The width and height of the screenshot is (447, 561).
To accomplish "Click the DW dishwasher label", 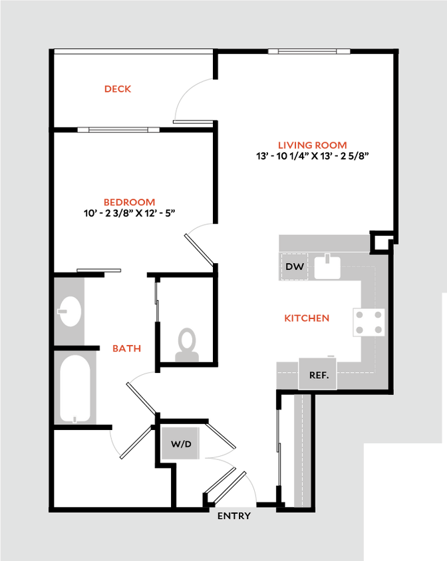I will [x=294, y=267].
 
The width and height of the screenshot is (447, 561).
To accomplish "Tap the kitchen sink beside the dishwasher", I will [x=327, y=267].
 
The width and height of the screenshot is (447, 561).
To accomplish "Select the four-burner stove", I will [x=369, y=322].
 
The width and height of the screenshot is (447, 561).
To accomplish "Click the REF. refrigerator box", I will [x=319, y=375].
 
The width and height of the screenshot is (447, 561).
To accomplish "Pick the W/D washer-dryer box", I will [x=181, y=443].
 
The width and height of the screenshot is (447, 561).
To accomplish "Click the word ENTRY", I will [x=233, y=516].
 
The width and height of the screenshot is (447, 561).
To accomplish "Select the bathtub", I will [x=75, y=388].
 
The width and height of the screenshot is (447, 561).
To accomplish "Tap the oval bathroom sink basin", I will [x=70, y=310].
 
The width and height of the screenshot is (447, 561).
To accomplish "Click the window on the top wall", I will [x=309, y=51].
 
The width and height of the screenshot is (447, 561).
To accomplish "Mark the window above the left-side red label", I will [x=118, y=130].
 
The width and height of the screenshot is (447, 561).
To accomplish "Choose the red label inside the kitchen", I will [x=307, y=318].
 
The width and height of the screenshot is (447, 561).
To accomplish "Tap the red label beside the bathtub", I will [x=126, y=348].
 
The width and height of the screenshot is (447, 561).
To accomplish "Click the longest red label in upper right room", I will [x=312, y=145].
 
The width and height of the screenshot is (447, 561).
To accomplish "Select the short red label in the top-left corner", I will [x=118, y=88].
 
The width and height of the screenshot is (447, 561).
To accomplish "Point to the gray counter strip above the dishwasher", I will [x=323, y=243].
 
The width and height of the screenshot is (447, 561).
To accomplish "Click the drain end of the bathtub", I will [x=75, y=417].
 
